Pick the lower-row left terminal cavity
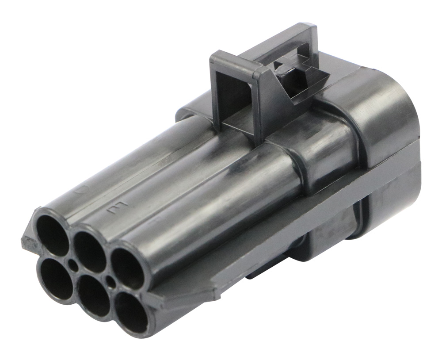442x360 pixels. point(55,278)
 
